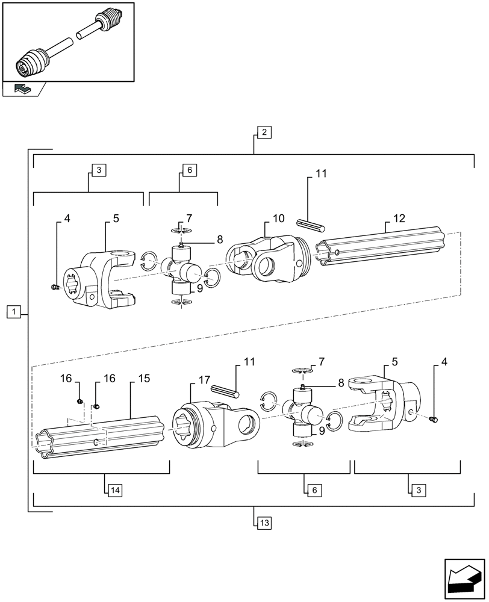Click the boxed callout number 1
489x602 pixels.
(14, 311)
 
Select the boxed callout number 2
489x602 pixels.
(264, 132)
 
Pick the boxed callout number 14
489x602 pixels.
(114, 491)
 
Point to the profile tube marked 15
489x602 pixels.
(99, 436)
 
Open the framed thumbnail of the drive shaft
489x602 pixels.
(67, 42)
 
